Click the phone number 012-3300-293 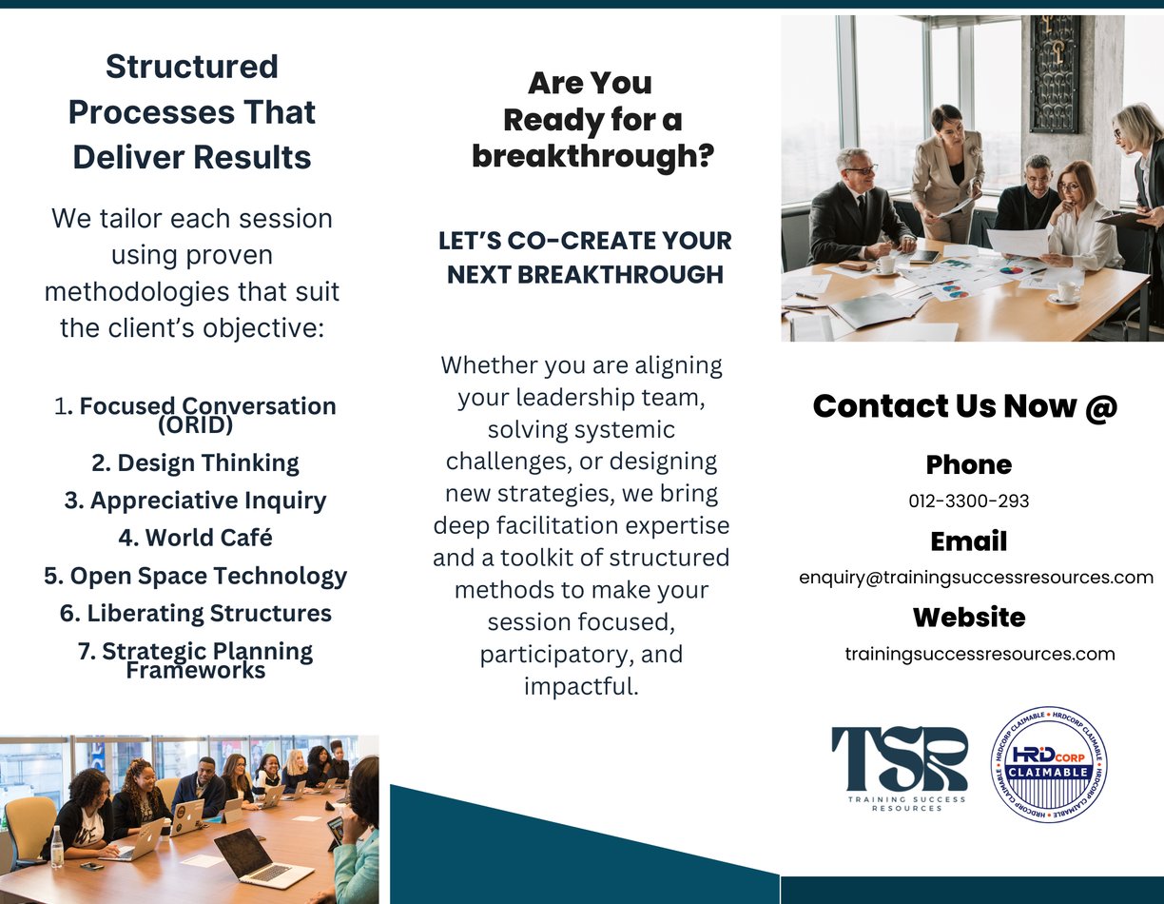pos(968,501)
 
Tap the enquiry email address pos(976,577)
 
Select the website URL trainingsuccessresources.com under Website pos(980,653)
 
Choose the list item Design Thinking pos(195,463)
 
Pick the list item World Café pos(195,538)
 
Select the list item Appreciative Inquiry pos(195,501)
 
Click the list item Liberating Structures pos(196,613)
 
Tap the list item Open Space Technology pos(196,576)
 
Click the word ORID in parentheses pos(196,425)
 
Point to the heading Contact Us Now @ pos(965,406)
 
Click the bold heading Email pos(968,541)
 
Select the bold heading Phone pos(968,464)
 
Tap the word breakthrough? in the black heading pos(593,155)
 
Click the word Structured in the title pos(192,67)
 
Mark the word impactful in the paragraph pos(578,686)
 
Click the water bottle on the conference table pos(56,846)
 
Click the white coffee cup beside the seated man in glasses pos(885,265)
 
